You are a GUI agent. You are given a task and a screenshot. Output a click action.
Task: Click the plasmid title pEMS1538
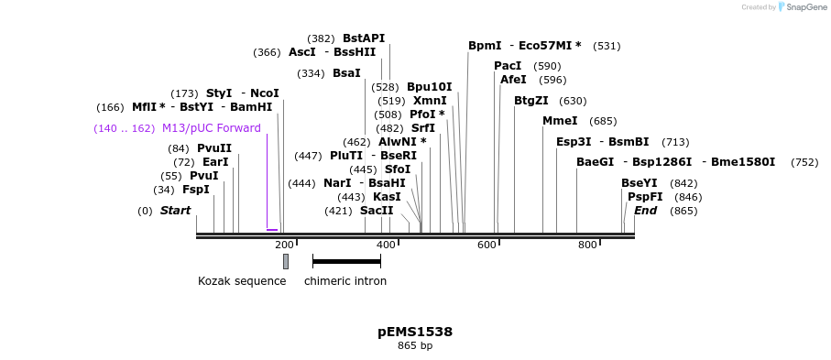point(414,332)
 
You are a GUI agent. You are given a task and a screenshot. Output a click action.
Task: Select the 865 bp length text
point(414,346)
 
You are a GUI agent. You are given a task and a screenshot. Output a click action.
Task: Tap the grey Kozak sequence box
point(286,261)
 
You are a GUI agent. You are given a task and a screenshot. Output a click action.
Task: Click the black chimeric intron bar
point(346,262)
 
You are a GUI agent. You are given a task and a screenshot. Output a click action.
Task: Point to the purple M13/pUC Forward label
point(211,128)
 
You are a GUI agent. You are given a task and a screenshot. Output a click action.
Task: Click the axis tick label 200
point(284,245)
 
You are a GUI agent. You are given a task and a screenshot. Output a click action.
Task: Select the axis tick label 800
point(587,245)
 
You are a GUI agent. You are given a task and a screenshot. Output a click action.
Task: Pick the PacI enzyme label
point(508,66)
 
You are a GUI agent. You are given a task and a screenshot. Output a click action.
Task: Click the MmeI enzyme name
point(560,121)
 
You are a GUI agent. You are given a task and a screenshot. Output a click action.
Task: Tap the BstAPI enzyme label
point(364,38)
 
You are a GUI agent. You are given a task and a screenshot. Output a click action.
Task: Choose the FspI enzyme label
point(195,190)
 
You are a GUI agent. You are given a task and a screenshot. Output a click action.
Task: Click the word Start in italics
point(175,211)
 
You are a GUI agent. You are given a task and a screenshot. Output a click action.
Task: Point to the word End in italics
point(645,211)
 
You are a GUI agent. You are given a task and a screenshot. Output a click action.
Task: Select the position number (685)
point(603,121)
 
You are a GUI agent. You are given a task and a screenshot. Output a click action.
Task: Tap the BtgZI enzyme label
point(531,101)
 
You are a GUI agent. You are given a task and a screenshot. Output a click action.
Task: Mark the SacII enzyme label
point(377,211)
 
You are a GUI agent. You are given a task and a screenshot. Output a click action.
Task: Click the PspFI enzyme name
point(645,197)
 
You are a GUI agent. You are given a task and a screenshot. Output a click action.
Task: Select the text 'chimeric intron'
point(345,281)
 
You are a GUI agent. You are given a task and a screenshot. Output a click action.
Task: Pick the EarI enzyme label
point(215,162)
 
